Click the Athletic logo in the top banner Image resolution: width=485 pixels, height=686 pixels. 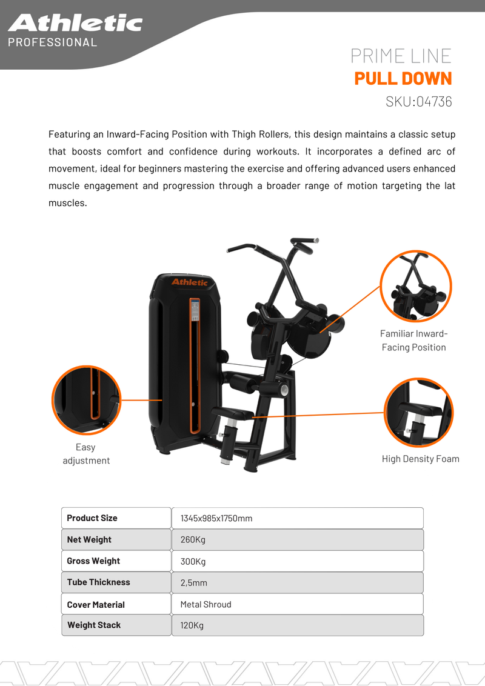[x=75, y=23]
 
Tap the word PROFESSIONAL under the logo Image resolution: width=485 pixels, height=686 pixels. [x=53, y=42]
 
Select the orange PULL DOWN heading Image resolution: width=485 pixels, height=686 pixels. [x=403, y=78]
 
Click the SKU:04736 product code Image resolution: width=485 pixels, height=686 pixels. [x=418, y=101]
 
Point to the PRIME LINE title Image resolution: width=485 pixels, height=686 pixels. [x=401, y=56]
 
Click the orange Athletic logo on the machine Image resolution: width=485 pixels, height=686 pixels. [x=190, y=282]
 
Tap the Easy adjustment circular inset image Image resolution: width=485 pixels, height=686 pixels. [x=86, y=400]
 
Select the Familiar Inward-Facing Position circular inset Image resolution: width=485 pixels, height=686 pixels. [x=415, y=286]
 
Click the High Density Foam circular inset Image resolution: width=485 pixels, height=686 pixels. [x=418, y=413]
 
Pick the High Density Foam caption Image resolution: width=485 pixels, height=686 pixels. [x=420, y=459]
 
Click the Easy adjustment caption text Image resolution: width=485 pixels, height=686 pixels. [x=86, y=454]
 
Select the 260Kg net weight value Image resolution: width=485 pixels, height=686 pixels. [x=193, y=540]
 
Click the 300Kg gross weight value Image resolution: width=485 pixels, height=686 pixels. [x=193, y=561]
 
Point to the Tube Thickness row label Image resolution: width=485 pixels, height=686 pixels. [x=98, y=582]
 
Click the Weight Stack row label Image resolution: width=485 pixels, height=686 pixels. [x=94, y=625]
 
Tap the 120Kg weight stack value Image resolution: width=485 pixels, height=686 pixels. [x=192, y=625]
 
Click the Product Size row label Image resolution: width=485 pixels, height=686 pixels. [x=92, y=518]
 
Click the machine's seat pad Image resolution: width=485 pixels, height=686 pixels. [x=232, y=412]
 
